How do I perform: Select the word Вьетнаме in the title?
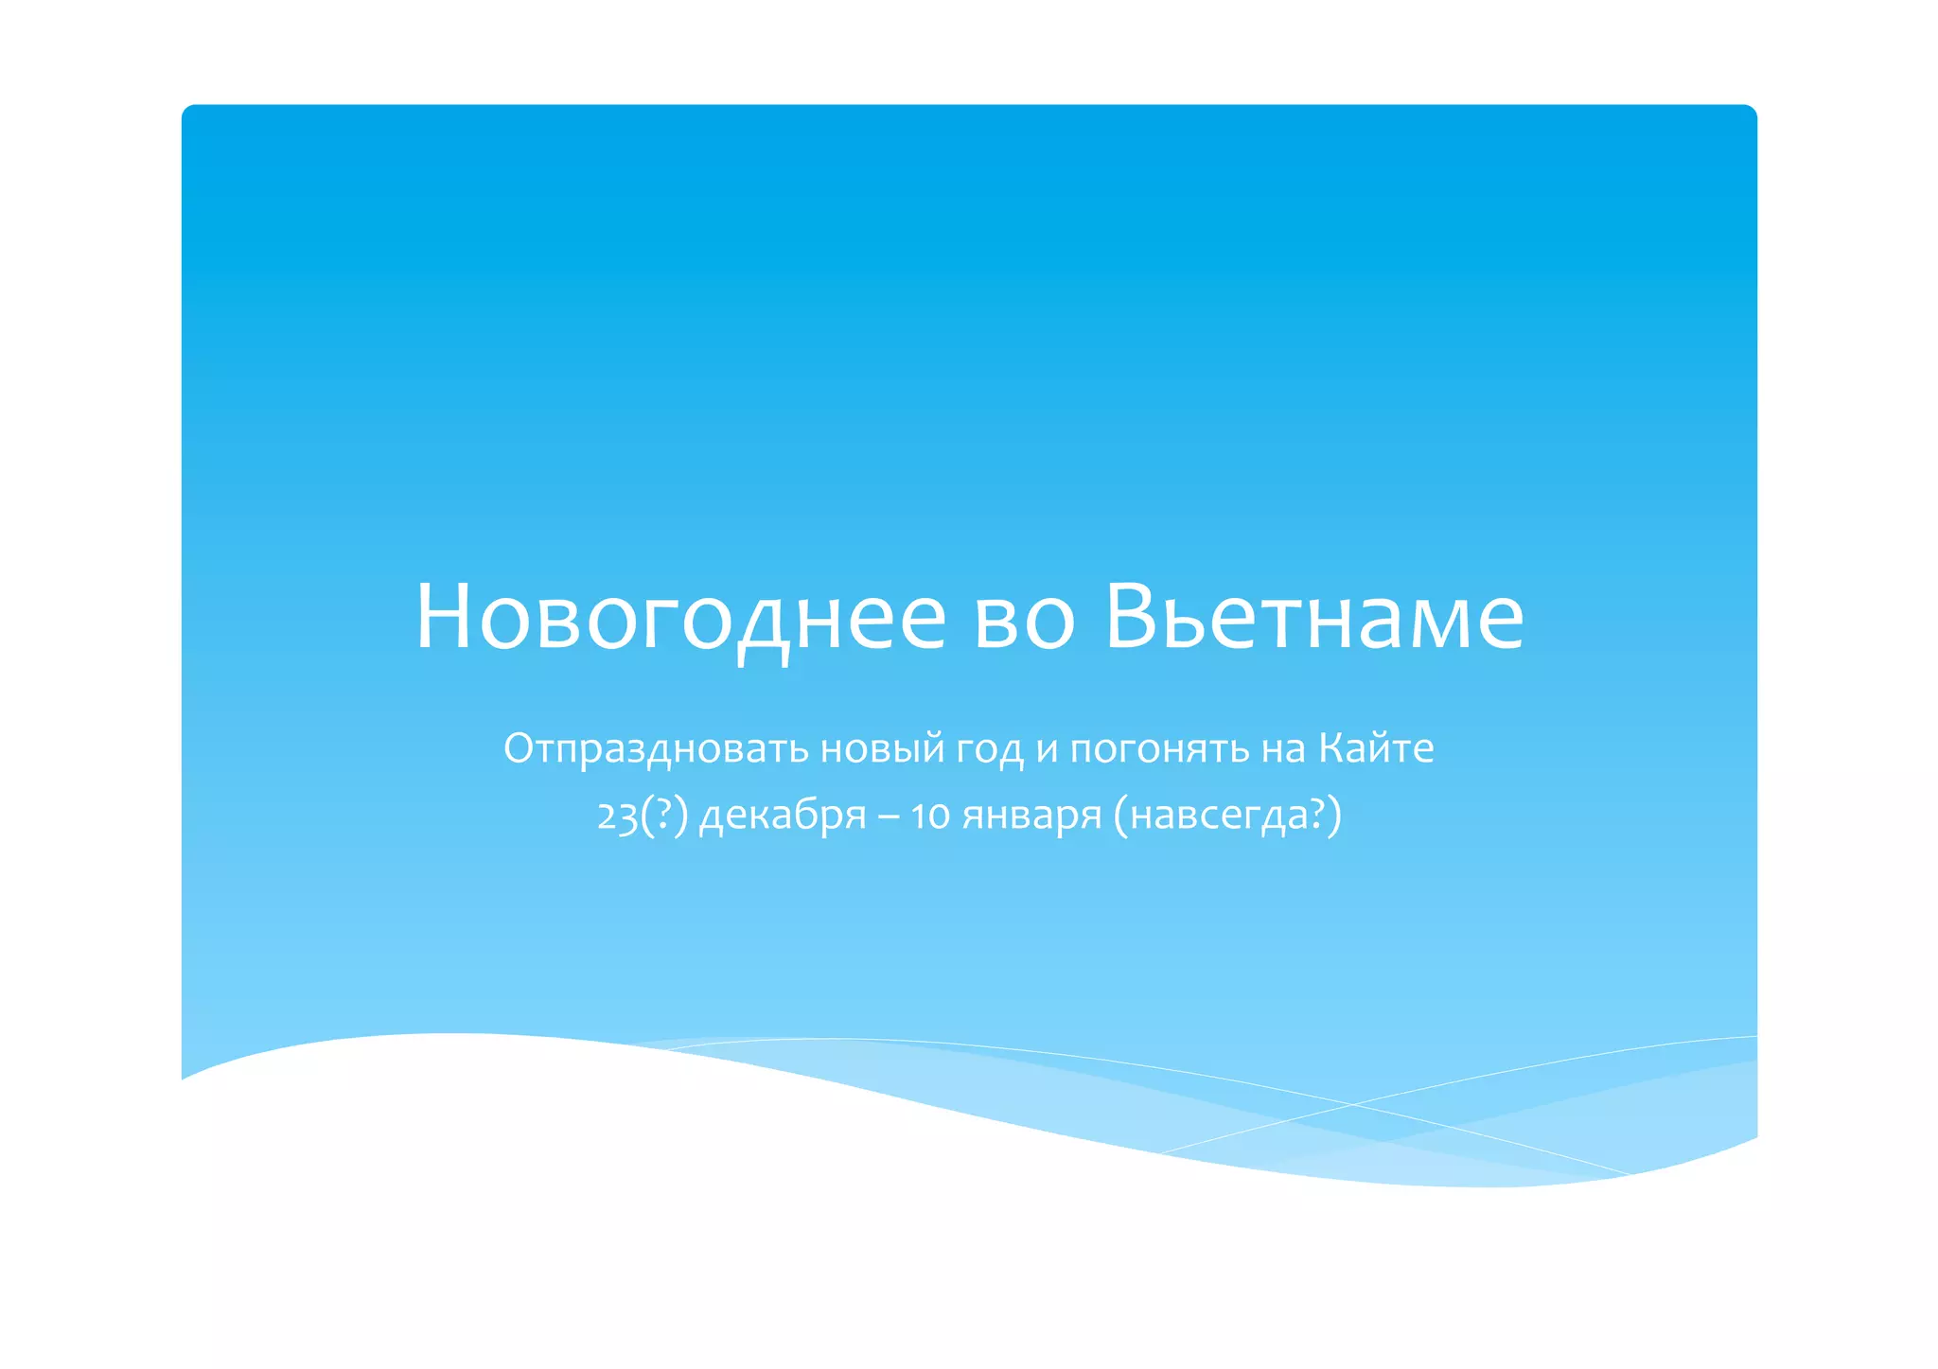(1314, 617)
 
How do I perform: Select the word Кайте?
(1376, 747)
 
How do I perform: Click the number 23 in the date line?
(617, 816)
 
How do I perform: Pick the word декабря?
(783, 816)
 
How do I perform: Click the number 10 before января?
(930, 816)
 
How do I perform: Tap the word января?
(1032, 816)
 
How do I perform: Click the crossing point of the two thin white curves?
(1352, 1104)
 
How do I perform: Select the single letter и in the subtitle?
(1046, 749)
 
